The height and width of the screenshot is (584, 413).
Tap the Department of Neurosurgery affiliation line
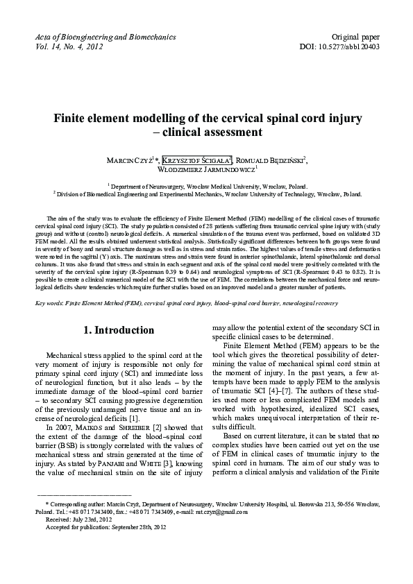(206, 187)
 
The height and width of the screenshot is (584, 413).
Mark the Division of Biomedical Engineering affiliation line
(206, 196)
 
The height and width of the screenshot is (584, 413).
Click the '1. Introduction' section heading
(114, 330)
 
